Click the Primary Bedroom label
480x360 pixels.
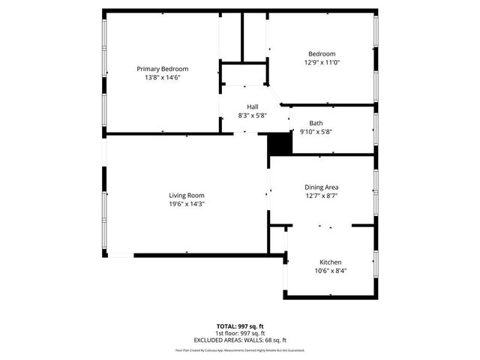coord(163,69)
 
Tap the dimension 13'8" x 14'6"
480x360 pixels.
coord(163,77)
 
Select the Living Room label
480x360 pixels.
coord(187,196)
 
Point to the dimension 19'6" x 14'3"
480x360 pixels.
coord(187,204)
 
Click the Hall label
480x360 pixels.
coord(253,107)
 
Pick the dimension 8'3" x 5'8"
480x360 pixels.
coord(253,115)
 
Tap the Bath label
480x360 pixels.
coord(316,123)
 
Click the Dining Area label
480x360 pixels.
coord(322,187)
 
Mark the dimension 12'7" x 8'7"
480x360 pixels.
coord(322,196)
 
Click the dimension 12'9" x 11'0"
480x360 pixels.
coord(322,62)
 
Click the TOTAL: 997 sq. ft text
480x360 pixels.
coord(239,326)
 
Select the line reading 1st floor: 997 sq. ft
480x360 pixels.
coord(239,333)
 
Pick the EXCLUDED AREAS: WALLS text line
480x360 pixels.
coord(239,340)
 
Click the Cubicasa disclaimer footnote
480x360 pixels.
coord(239,350)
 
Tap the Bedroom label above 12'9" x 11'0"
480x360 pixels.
coord(322,54)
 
